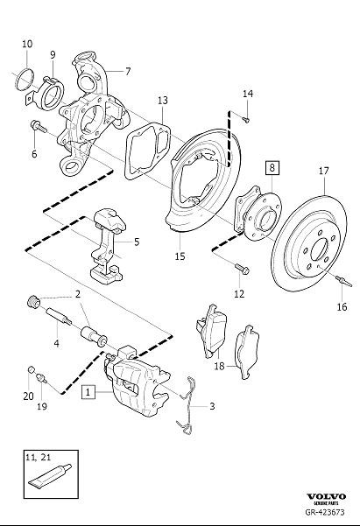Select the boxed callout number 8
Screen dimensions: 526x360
click(x=272, y=166)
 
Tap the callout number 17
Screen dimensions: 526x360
click(x=323, y=171)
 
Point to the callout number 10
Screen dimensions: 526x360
click(x=26, y=44)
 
